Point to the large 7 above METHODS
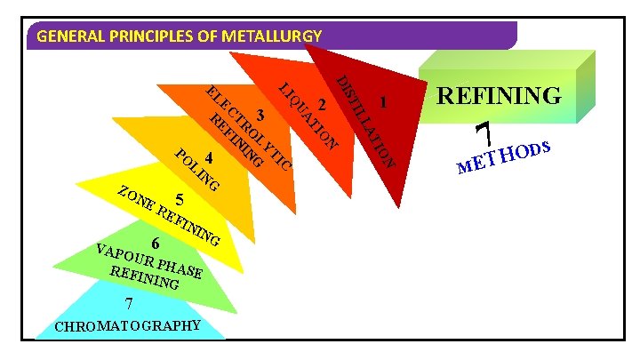(x=484, y=135)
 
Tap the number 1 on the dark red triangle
(x=382, y=102)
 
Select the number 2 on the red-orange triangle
(x=322, y=105)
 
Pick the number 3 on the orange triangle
(x=260, y=114)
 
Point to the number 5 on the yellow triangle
(x=180, y=199)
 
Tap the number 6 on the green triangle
(x=155, y=243)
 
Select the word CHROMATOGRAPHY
(x=128, y=324)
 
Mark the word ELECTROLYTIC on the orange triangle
(x=249, y=129)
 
